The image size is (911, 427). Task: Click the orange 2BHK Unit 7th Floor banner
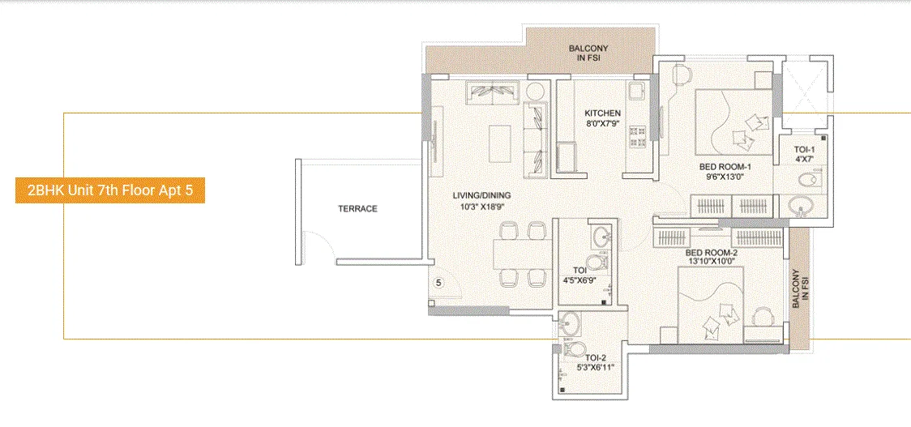point(109,191)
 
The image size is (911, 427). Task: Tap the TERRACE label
point(357,209)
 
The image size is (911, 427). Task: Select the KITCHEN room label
point(603,113)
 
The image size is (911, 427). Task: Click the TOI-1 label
point(803,150)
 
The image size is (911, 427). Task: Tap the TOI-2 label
point(596,357)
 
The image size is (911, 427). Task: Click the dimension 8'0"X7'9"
point(603,124)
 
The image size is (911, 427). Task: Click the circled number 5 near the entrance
point(438,284)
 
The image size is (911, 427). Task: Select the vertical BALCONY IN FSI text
point(799,289)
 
